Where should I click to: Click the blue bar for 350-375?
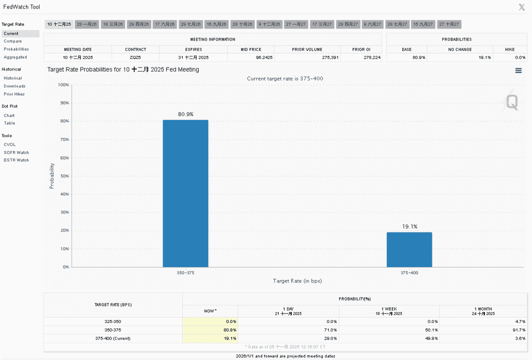(x=186, y=193)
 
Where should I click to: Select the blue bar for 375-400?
(x=409, y=249)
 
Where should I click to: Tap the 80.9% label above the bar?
(x=186, y=114)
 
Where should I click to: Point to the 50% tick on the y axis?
(x=65, y=176)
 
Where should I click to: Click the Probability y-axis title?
(x=52, y=175)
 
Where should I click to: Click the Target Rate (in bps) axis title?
(x=298, y=280)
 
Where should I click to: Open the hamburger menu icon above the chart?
(x=518, y=70)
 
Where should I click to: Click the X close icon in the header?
(x=522, y=7)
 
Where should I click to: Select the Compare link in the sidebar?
(x=13, y=41)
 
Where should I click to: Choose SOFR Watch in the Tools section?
(x=17, y=152)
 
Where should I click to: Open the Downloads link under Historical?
(x=15, y=86)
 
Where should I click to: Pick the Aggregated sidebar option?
(x=16, y=57)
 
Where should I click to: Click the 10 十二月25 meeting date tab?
(x=59, y=24)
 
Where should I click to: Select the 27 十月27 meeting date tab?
(x=449, y=24)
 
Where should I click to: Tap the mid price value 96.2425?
(x=264, y=57)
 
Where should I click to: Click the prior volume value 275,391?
(x=330, y=57)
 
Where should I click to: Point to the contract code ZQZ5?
(x=135, y=57)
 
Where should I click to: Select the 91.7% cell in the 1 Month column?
(x=519, y=330)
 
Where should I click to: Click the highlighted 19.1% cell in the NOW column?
(x=210, y=338)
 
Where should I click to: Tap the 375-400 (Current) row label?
(x=113, y=338)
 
